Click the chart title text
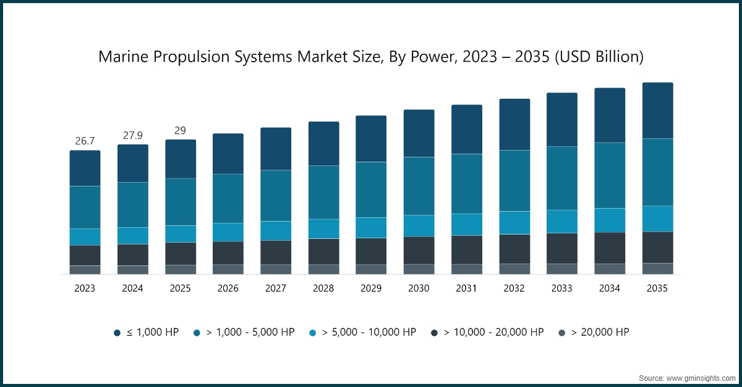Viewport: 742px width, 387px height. click(x=371, y=57)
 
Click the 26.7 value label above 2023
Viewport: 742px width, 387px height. click(x=85, y=141)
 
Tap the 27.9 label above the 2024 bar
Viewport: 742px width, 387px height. click(x=133, y=135)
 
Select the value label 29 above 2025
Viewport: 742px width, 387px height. click(x=180, y=130)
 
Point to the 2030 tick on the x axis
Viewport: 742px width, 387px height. click(x=419, y=288)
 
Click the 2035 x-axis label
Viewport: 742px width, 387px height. click(x=657, y=288)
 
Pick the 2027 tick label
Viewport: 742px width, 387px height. click(x=276, y=288)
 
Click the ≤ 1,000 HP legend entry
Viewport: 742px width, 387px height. click(x=146, y=332)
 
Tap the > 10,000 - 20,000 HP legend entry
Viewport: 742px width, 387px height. click(x=488, y=332)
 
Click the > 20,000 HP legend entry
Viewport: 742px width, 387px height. click(x=593, y=332)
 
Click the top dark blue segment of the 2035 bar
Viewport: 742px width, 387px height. click(x=657, y=110)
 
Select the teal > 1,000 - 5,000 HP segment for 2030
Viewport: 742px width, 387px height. click(x=419, y=186)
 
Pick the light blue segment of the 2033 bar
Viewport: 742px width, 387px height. click(x=561, y=221)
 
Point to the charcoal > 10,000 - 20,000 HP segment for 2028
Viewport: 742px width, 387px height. click(x=323, y=251)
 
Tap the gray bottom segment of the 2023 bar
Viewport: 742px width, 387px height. click(x=85, y=270)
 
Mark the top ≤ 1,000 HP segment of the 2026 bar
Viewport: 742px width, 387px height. click(x=228, y=154)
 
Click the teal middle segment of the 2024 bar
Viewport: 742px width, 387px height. click(x=133, y=204)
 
